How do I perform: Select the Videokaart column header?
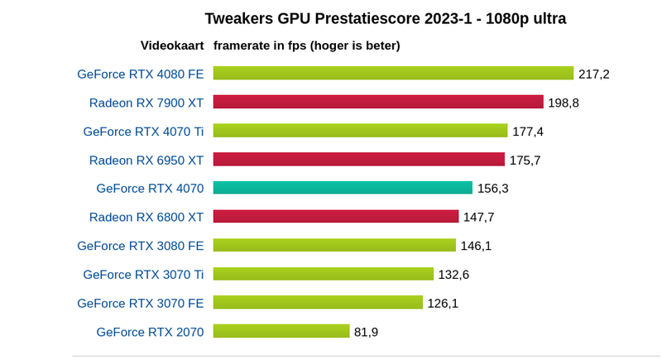[x=172, y=46]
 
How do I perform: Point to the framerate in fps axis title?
[x=307, y=46]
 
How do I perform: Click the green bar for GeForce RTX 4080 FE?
[x=393, y=73]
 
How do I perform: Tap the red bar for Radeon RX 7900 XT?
[x=377, y=102]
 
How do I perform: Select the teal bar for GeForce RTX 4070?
[x=343, y=188]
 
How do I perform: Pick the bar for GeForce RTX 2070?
[x=281, y=331]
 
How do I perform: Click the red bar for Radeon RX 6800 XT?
[x=336, y=216]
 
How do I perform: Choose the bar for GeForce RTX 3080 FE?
[x=334, y=245]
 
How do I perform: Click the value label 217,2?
[x=594, y=74]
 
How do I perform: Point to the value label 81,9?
[x=367, y=332]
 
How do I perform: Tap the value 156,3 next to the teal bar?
[x=493, y=189]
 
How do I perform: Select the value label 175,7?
[x=525, y=160]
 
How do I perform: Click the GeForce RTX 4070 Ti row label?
[x=143, y=131]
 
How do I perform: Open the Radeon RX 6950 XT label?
[x=146, y=160]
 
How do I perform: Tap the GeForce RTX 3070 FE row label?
[x=141, y=303]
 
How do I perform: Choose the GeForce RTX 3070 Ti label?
[x=143, y=274]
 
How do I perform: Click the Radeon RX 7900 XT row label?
[x=146, y=103]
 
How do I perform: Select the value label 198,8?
[x=564, y=103]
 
